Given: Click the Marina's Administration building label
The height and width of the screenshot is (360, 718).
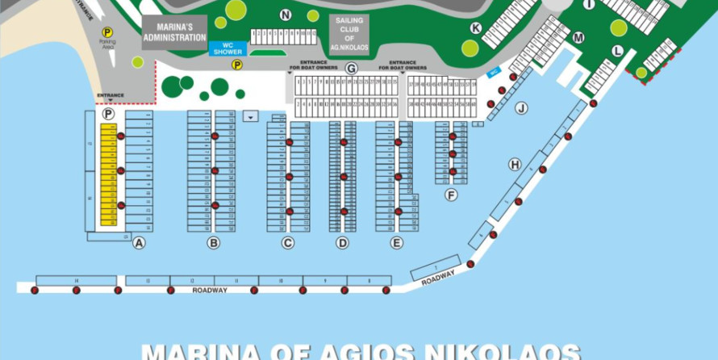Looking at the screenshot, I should pos(174,32).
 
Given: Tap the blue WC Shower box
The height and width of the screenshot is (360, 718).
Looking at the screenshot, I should pos(228,48).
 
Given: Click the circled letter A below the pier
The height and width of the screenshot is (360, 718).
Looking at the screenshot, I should pos(139,242).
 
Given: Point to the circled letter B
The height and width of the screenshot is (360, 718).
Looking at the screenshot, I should pos(213,242).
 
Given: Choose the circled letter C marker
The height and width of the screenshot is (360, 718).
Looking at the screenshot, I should pos(288,242).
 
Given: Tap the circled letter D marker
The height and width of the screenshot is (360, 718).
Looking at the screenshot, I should pos(342,242).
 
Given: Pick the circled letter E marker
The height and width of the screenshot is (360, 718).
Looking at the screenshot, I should pos(396,242).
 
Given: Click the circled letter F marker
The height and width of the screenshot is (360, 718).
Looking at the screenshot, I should pos(450,195).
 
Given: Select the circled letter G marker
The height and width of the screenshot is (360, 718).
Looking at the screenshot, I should pos(351,69).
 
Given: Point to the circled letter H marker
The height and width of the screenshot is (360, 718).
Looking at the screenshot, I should pos(514,165).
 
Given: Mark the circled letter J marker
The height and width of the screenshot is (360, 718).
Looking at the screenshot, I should pos(521,108).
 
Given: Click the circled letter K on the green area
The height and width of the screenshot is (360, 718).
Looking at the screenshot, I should pos(476,28).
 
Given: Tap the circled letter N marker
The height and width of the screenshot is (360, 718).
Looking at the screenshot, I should pos(286,15).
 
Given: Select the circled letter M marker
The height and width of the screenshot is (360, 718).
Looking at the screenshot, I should pos(578,38).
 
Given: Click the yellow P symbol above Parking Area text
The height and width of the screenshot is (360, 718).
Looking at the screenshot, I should pos(107,32).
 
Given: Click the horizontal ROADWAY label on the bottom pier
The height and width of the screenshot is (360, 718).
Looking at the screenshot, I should pos(210,290).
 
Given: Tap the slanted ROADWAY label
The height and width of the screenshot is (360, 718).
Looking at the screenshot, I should pos(438,278).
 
